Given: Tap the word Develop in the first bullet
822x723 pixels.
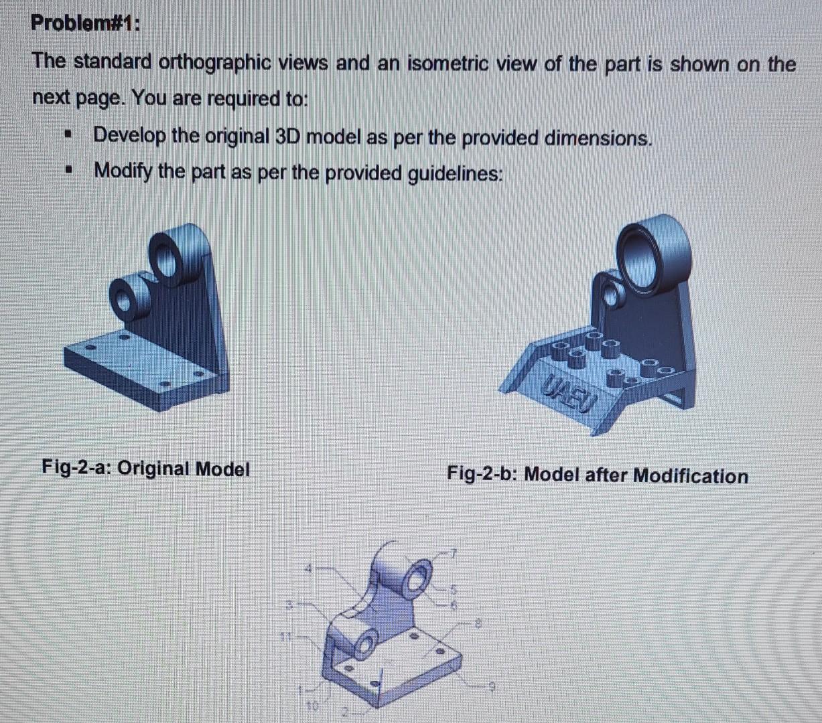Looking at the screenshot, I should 129,136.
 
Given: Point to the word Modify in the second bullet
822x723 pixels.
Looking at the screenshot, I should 123,171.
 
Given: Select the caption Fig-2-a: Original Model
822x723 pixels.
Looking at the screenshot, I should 145,468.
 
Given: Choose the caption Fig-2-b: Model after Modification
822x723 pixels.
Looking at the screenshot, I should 597,475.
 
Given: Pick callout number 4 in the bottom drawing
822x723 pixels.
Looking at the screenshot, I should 309,568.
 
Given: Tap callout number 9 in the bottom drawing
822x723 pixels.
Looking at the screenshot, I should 492,686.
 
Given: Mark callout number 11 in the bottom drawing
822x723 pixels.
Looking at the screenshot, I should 285,637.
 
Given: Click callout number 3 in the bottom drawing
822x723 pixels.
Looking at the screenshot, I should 290,605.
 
